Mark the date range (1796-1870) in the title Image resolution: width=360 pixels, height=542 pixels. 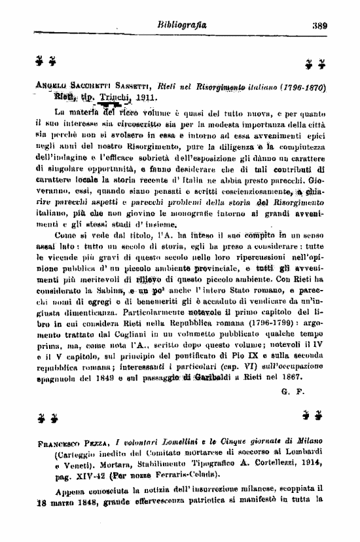pyautogui.click(x=296, y=87)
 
